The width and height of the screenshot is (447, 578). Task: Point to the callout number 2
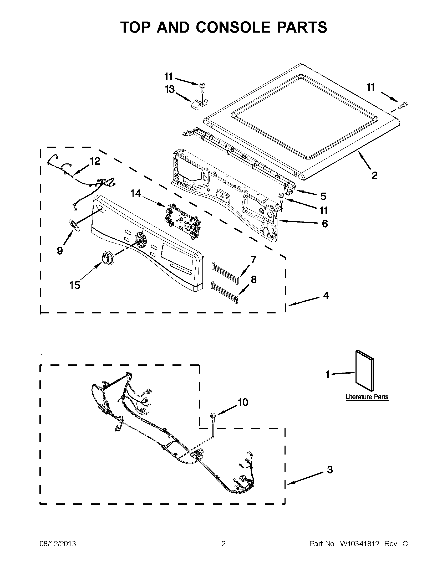click(374, 176)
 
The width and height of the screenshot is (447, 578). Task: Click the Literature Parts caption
click(367, 404)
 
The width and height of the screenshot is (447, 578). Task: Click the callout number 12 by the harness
click(95, 161)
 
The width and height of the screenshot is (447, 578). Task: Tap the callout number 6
click(325, 224)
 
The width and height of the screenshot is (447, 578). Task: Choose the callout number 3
click(330, 470)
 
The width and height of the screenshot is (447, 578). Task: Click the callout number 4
click(326, 295)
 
